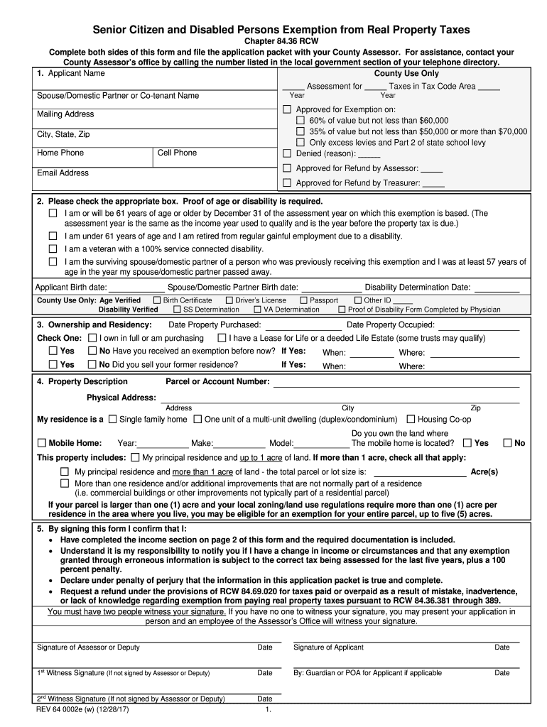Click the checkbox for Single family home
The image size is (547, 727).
tap(114, 420)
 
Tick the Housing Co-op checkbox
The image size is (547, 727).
tap(411, 420)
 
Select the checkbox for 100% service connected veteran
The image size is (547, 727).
tap(53, 249)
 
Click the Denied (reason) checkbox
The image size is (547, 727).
tap(287, 153)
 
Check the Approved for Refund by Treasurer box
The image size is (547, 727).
tap(287, 183)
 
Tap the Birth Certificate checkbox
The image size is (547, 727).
tap(157, 300)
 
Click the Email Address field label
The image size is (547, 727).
tap(63, 173)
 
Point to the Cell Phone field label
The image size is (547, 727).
tap(177, 153)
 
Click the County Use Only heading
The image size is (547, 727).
tap(406, 74)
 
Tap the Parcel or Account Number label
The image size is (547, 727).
tap(217, 382)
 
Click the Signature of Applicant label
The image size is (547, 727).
tap(328, 647)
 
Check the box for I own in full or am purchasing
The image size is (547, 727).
tap(92, 339)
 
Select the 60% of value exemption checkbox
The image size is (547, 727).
tap(300, 121)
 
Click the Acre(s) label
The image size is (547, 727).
tap(484, 472)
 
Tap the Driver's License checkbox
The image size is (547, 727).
tap(229, 300)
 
